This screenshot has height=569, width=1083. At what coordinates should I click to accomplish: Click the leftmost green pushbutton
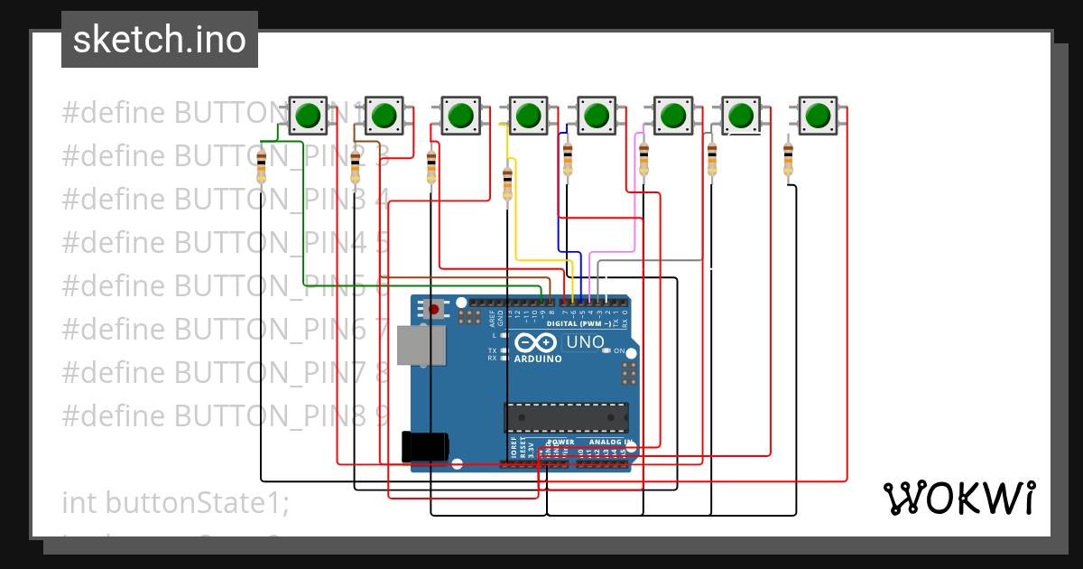coord(308,116)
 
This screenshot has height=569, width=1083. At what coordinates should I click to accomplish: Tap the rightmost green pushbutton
coord(818,116)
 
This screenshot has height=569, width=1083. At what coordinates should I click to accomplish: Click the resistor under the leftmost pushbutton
coord(262,167)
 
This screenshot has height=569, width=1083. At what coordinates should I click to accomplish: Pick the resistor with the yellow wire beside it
coord(507,183)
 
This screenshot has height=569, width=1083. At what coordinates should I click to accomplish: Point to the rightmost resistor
coord(788,160)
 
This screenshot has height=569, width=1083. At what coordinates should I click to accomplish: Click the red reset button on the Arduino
coord(434,310)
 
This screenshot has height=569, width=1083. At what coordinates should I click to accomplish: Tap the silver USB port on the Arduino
coord(424,345)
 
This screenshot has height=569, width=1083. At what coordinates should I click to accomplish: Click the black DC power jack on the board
coord(424,446)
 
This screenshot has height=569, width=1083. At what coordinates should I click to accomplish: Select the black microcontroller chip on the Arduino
coord(566,417)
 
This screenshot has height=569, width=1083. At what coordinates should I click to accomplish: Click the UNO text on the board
coord(585,342)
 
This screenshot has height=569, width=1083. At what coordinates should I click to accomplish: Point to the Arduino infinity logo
coord(536,343)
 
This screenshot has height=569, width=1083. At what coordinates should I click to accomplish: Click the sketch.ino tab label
coord(160,40)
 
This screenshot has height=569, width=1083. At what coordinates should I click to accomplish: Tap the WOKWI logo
coord(958,498)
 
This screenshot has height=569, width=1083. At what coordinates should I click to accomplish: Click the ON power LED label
coord(620,350)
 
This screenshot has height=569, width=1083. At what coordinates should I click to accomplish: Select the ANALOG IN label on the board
coord(610,443)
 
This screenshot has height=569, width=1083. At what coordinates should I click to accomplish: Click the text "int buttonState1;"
coord(176,502)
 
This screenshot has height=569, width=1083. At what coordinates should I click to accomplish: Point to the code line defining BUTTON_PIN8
coord(226,415)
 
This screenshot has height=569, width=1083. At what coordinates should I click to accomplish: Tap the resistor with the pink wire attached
coord(643,159)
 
